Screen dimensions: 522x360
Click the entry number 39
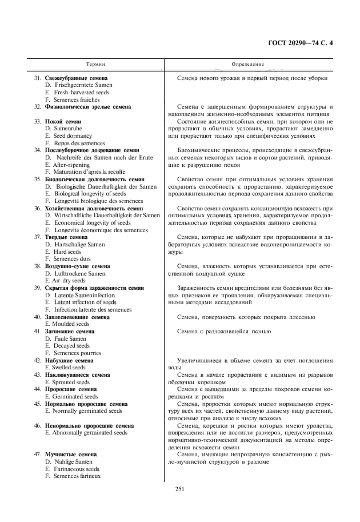[37, 288]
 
